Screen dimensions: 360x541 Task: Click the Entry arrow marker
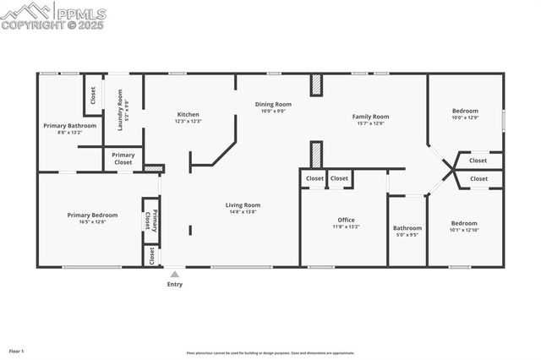click(175, 274)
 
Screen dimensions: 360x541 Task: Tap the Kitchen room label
click(188, 114)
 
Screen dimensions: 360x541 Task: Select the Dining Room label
click(273, 104)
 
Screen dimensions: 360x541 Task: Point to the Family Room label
click(370, 116)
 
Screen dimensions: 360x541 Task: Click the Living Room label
click(243, 205)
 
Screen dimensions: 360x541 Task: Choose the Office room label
click(347, 220)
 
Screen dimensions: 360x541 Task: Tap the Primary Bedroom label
click(92, 215)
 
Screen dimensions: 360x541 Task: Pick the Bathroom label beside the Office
click(407, 227)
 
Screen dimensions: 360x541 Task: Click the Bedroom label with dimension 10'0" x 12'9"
click(465, 111)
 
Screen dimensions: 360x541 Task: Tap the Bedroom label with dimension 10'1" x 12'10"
click(464, 223)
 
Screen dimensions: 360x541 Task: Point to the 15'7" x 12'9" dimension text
click(370, 123)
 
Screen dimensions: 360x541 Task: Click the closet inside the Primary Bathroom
click(93, 96)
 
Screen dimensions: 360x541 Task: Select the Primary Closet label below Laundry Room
click(123, 158)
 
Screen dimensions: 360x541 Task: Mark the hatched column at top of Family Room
click(316, 85)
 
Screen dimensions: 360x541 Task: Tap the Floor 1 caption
click(17, 350)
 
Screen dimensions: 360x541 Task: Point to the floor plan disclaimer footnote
click(270, 353)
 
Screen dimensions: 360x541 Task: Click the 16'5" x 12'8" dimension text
click(92, 222)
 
